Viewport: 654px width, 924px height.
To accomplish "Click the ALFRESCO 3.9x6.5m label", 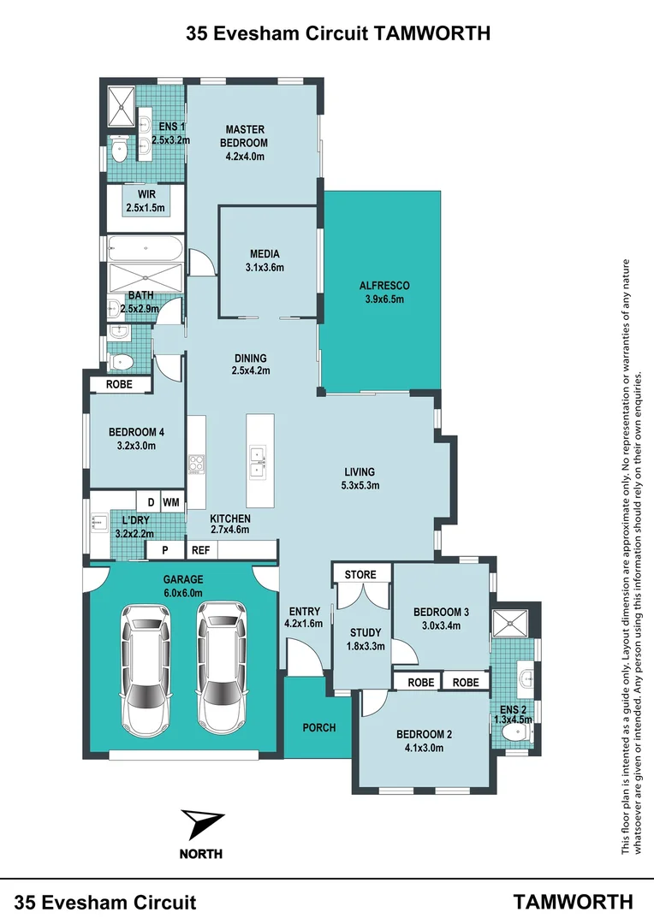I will pos(383,292).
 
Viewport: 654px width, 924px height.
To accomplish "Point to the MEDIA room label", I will pos(265,260).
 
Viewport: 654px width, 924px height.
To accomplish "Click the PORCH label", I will pos(318,728).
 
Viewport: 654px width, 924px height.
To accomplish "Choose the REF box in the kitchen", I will pos(200,551).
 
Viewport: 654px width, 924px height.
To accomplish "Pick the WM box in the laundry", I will pos(170,501).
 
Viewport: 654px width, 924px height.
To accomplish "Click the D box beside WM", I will pos(150,501).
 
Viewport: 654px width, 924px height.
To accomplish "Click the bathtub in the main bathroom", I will pos(145,249).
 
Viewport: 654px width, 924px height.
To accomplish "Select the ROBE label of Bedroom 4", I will pos(119,385).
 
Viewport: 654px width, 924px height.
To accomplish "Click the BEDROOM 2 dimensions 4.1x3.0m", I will pos(424,747).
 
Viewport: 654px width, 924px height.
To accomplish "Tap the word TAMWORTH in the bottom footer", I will pos(573,902).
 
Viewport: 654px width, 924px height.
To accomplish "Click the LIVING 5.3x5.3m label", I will pos(360,478).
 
